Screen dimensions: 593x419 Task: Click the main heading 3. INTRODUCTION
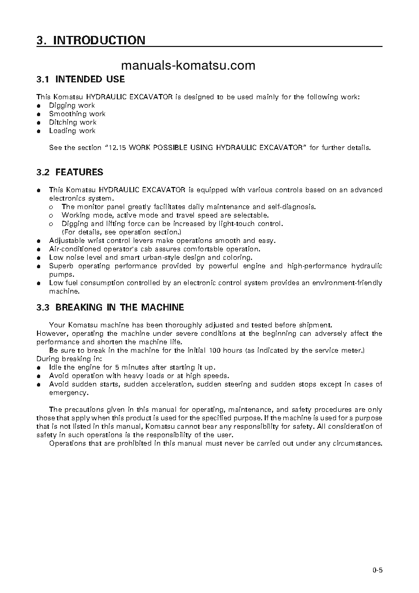(x=90, y=40)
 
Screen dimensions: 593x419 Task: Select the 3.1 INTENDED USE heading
(x=81, y=80)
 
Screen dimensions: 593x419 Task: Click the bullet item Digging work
(x=72, y=106)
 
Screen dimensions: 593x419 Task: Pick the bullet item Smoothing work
(x=77, y=114)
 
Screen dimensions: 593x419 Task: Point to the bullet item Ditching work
(x=73, y=123)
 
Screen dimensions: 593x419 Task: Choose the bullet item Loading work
(x=72, y=131)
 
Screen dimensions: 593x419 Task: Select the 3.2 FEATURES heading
(x=70, y=173)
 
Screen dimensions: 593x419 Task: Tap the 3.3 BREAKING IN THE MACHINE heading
(x=110, y=307)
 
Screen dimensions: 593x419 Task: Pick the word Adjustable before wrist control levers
(x=66, y=241)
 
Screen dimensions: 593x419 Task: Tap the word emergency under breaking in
(x=68, y=393)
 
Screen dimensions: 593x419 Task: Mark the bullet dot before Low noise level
(x=39, y=258)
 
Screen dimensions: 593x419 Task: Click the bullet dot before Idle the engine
(x=39, y=368)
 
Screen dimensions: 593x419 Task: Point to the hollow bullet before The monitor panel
(x=51, y=207)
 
